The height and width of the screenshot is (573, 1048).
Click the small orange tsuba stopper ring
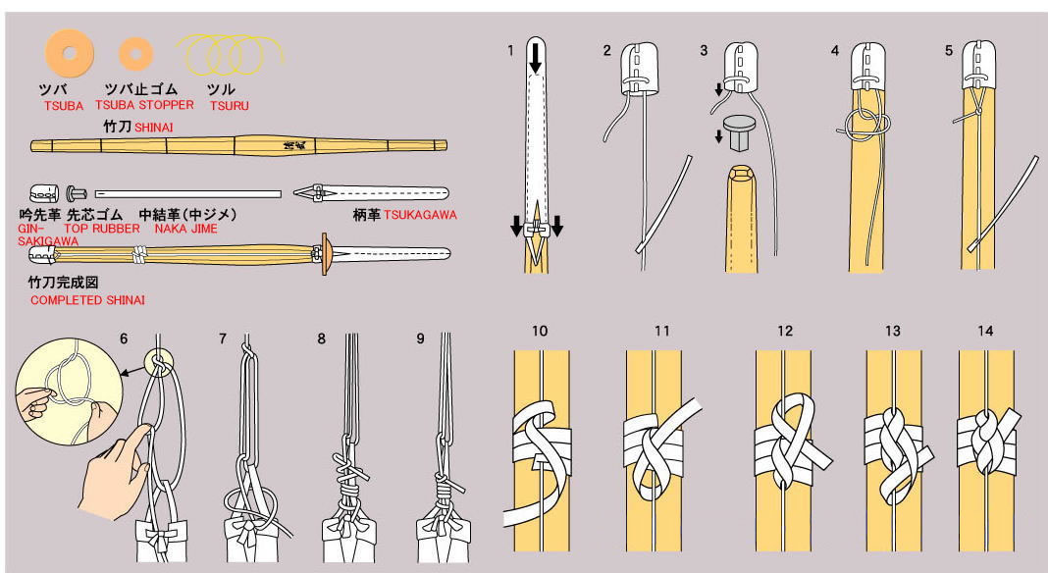135,52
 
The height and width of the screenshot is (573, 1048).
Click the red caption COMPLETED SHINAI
80,300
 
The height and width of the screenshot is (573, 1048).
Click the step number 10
540,332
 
